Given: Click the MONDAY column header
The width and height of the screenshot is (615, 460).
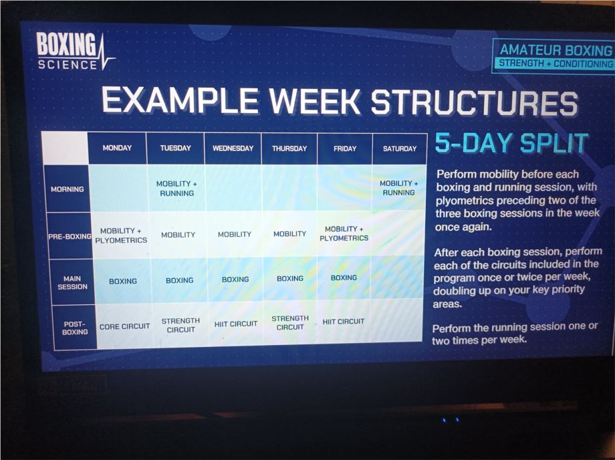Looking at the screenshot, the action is (117, 148).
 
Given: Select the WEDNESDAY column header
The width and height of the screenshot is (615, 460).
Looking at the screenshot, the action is (233, 148).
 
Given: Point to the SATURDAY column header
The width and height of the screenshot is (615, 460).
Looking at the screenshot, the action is (400, 148).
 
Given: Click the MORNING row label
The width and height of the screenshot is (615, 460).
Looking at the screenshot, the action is (67, 189).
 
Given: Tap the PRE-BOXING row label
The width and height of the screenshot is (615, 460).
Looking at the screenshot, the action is (70, 237).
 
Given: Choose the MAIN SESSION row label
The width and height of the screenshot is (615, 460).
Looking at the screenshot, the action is (73, 282).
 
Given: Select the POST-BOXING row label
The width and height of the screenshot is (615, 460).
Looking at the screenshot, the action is (75, 328).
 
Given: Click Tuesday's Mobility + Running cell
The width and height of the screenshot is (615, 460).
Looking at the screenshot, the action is (177, 189).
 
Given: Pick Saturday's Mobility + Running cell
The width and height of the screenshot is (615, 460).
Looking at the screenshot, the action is (399, 188).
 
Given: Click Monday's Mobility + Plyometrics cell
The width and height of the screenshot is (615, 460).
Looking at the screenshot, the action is (121, 235).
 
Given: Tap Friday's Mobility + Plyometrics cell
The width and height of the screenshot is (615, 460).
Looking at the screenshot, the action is (344, 233).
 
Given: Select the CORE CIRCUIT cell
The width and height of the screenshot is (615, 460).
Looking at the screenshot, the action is (124, 326).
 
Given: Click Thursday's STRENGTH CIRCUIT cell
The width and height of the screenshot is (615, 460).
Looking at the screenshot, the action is (290, 322).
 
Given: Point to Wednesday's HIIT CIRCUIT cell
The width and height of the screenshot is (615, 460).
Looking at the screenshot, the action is (236, 324).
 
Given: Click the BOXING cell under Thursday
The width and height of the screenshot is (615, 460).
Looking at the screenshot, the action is (290, 278).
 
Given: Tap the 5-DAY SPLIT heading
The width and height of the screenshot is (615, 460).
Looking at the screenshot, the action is (511, 142).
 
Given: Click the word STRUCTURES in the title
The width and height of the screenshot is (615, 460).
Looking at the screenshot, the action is (475, 102).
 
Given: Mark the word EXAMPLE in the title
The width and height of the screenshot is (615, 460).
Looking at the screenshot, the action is (180, 100).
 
